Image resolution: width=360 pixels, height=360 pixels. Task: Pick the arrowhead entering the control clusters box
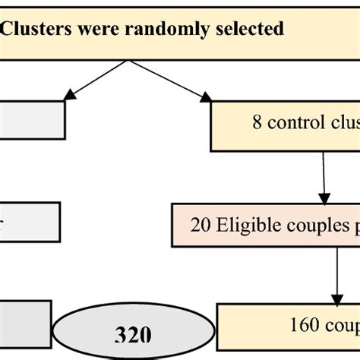pos(206,96)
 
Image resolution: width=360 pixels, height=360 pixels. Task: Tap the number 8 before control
pos(259,123)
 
